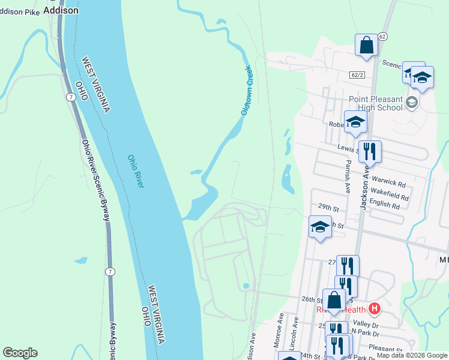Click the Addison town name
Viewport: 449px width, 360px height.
tap(61, 10)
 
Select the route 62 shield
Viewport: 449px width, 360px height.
tap(383, 37)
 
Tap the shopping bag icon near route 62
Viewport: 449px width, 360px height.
tap(366, 46)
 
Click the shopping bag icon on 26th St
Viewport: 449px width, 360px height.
tap(334, 300)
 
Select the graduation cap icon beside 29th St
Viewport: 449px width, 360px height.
tap(320, 227)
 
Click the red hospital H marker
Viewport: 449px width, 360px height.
tap(375, 310)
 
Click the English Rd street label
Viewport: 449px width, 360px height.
tap(385, 205)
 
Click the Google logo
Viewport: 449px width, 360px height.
tap(20, 353)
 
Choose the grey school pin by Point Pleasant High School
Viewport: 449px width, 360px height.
tap(411, 102)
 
